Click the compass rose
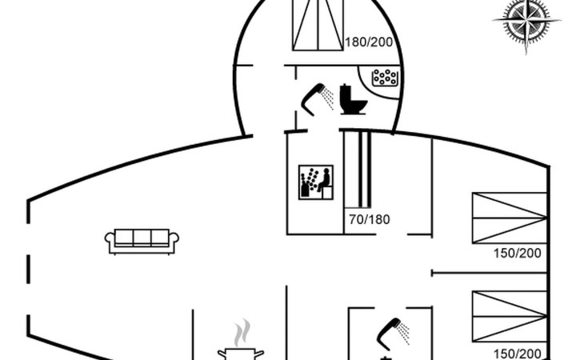pos(526,22)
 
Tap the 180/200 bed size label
pos(368,42)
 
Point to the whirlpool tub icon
pos(386,78)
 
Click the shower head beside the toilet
pos(317,98)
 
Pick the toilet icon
pos(353,98)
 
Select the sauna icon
pos(315,184)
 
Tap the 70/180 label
pos(369,218)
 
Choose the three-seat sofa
pos(142,241)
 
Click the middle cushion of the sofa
pos(142,238)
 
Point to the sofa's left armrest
pos(110,239)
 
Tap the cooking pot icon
pos(240,352)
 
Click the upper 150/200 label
pos(518,254)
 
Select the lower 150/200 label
pos(518,353)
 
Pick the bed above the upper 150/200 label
pos(509,217)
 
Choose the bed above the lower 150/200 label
pos(509,316)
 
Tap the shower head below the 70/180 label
pos(391,332)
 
